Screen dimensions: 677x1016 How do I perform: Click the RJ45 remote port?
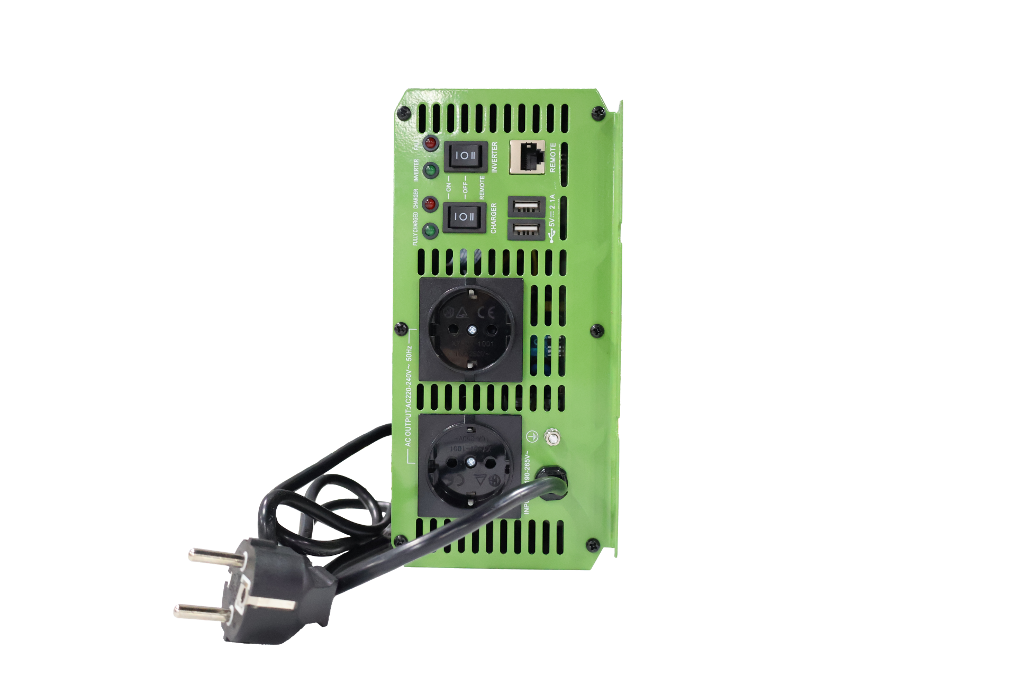527,157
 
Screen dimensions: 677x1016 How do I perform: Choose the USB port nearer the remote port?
525,206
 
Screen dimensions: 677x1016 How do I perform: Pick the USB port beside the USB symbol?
525,231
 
